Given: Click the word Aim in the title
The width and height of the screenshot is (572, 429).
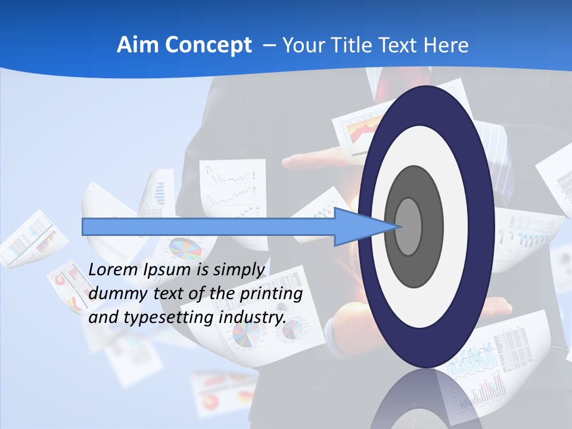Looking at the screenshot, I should (x=138, y=45).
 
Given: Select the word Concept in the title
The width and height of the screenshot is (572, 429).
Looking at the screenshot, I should (x=207, y=45).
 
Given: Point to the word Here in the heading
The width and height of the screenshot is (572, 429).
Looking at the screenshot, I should (x=445, y=45).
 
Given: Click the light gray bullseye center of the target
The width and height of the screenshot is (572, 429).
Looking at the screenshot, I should (x=409, y=226).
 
